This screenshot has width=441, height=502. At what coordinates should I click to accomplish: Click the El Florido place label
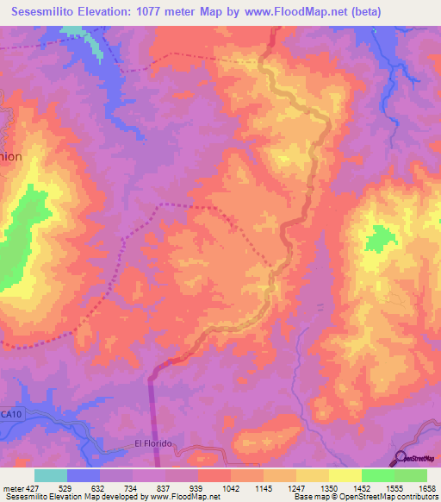154,443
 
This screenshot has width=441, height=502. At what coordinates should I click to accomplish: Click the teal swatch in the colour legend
51,475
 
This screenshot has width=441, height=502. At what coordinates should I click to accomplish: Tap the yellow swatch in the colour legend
345,475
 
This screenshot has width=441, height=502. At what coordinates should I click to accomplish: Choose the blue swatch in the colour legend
84,475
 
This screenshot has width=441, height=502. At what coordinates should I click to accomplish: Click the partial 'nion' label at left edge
10,158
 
